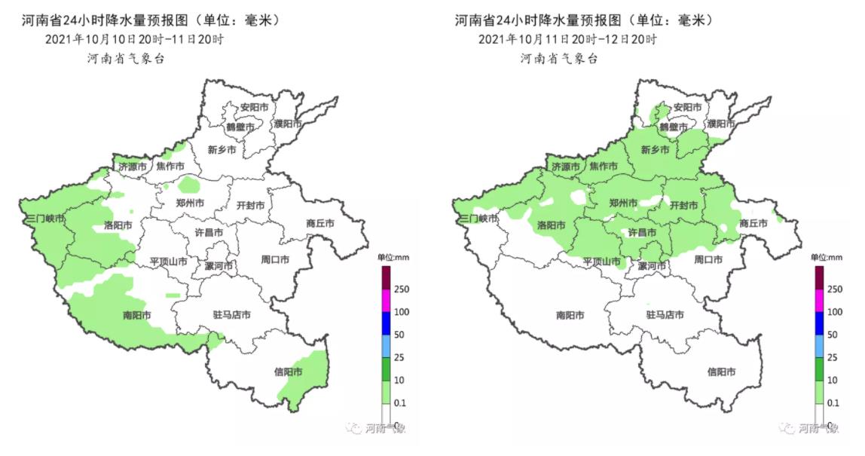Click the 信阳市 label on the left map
(287, 372)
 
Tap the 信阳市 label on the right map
(721, 372)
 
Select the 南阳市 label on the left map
(136, 315)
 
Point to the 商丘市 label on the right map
(753, 223)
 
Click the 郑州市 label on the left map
(190, 203)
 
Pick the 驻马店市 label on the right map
(665, 315)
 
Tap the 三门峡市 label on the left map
(45, 219)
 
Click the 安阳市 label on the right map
(686, 108)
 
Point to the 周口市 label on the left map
(275, 260)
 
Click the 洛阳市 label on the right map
(552, 225)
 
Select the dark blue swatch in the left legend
(386, 323)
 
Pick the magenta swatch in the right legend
(820, 300)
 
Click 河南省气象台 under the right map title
(559, 59)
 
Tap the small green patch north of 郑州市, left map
(189, 184)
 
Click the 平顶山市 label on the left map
(168, 261)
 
